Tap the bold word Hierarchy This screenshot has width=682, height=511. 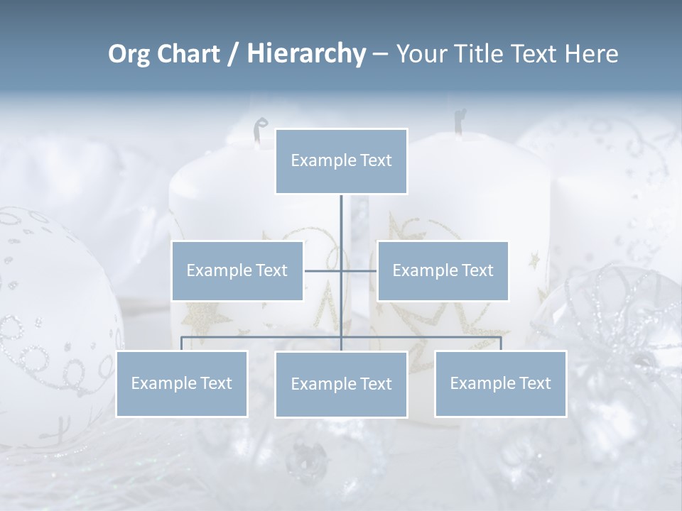click(x=305, y=54)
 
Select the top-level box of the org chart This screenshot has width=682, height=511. click(x=341, y=161)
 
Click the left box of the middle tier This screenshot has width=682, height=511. click(x=237, y=270)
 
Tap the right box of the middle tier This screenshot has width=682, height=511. click(x=443, y=270)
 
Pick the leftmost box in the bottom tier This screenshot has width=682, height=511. click(x=181, y=383)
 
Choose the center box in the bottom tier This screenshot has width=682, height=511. click(x=341, y=384)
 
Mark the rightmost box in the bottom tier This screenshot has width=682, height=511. click(x=500, y=383)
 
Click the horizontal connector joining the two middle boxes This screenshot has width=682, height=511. click(x=359, y=270)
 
